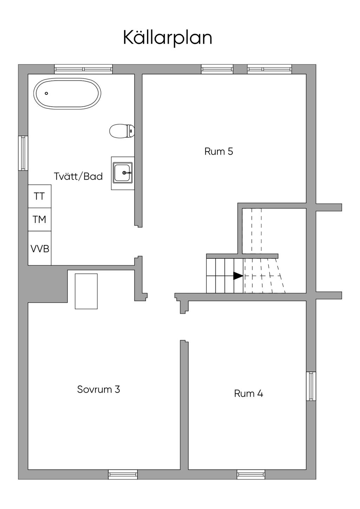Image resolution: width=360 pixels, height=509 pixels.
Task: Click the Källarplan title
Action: pos(167,38)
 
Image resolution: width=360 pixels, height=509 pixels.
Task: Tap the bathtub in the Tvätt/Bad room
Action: pos(67,94)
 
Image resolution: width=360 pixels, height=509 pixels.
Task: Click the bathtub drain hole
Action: pos(46,94)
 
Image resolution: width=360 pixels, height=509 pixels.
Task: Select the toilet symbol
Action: pos(122,131)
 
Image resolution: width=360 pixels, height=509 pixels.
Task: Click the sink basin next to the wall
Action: pos(123,173)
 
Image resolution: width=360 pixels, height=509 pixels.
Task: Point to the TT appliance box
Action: pos(39,196)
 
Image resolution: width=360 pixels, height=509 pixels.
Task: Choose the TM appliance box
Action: pos(39,219)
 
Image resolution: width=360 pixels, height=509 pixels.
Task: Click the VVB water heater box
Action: pos(40,248)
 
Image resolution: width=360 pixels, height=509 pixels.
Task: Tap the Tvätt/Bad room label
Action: pos(78,176)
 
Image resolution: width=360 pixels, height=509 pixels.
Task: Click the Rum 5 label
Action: pos(219,152)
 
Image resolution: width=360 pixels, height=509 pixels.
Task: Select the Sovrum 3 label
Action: pos(98,389)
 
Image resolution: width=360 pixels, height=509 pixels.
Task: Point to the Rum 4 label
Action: pos(249,393)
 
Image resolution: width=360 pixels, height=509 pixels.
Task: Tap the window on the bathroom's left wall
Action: pos(23,153)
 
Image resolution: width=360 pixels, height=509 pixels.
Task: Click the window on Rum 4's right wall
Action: pos(311,386)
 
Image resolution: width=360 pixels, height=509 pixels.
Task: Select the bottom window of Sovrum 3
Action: pos(123,475)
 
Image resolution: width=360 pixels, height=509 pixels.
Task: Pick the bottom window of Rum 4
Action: pos(251,475)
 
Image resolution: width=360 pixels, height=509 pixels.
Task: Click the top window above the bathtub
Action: pos(83,69)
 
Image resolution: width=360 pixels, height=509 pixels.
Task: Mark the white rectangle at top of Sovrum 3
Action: pos(86,291)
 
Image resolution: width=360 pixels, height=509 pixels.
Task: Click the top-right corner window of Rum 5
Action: pos(269,69)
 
